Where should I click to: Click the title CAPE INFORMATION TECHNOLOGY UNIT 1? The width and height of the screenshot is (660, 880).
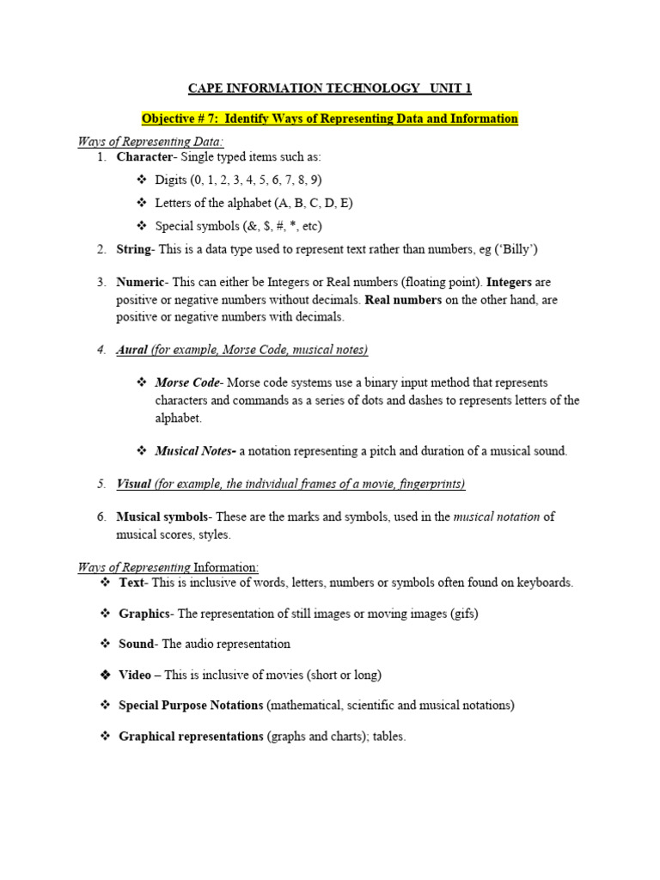click(330, 89)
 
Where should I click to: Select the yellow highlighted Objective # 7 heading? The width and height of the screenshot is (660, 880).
click(330, 119)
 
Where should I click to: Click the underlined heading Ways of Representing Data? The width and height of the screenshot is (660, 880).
click(150, 142)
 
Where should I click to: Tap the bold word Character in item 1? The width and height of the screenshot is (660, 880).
click(144, 157)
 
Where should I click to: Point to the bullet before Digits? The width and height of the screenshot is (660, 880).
click(142, 180)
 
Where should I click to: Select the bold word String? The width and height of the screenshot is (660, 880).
click(133, 250)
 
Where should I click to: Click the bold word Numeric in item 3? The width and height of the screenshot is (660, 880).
click(139, 282)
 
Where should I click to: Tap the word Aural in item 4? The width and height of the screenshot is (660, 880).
click(132, 350)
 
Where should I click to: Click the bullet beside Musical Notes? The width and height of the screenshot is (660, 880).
click(142, 451)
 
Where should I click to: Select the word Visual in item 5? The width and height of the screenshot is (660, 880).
click(132, 485)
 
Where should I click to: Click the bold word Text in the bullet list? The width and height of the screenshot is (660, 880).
click(132, 583)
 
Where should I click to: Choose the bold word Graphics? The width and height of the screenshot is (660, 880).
click(145, 614)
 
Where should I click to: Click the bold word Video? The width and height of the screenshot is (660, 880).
click(135, 675)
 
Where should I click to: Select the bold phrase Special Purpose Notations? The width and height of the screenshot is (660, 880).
click(191, 706)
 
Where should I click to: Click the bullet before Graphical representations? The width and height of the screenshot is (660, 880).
click(106, 736)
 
